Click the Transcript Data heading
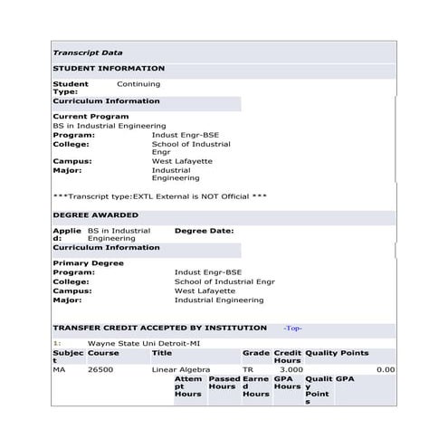pyautogui.click(x=88, y=53)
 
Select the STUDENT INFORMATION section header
pyautogui.click(x=109, y=69)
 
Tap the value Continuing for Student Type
pyautogui.click(x=138, y=84)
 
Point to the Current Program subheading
pyautogui.click(x=91, y=117)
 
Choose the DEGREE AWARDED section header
pyautogui.click(x=96, y=215)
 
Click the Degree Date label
pyautogui.click(x=204, y=231)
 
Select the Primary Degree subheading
pyautogui.click(x=88, y=263)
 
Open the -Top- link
pyautogui.click(x=292, y=329)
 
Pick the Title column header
pyautogui.click(x=161, y=353)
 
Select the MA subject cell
pyautogui.click(x=59, y=369)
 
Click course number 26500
pyautogui.click(x=100, y=369)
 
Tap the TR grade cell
pyautogui.click(x=248, y=369)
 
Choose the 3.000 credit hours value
pyautogui.click(x=291, y=369)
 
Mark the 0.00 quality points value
pyautogui.click(x=386, y=369)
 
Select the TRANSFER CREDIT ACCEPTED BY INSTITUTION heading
pyautogui.click(x=160, y=328)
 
